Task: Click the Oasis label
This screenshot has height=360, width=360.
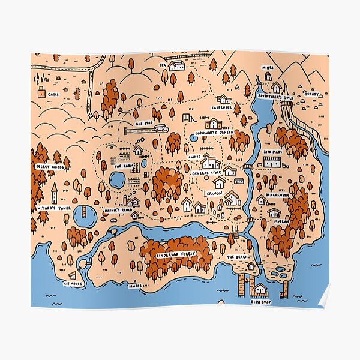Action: (54, 94)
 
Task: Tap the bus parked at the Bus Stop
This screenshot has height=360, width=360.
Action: (160, 128)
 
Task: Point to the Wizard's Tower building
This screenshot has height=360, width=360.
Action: (54, 193)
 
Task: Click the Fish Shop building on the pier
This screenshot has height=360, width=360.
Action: (260, 289)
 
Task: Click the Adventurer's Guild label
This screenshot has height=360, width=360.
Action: (275, 95)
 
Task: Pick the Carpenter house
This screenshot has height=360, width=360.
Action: (224, 99)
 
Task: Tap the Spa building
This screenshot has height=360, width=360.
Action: (177, 66)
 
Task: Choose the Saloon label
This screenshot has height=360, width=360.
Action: (215, 193)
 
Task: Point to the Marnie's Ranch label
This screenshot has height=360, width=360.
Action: (118, 210)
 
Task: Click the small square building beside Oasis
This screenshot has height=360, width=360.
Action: (41, 93)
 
